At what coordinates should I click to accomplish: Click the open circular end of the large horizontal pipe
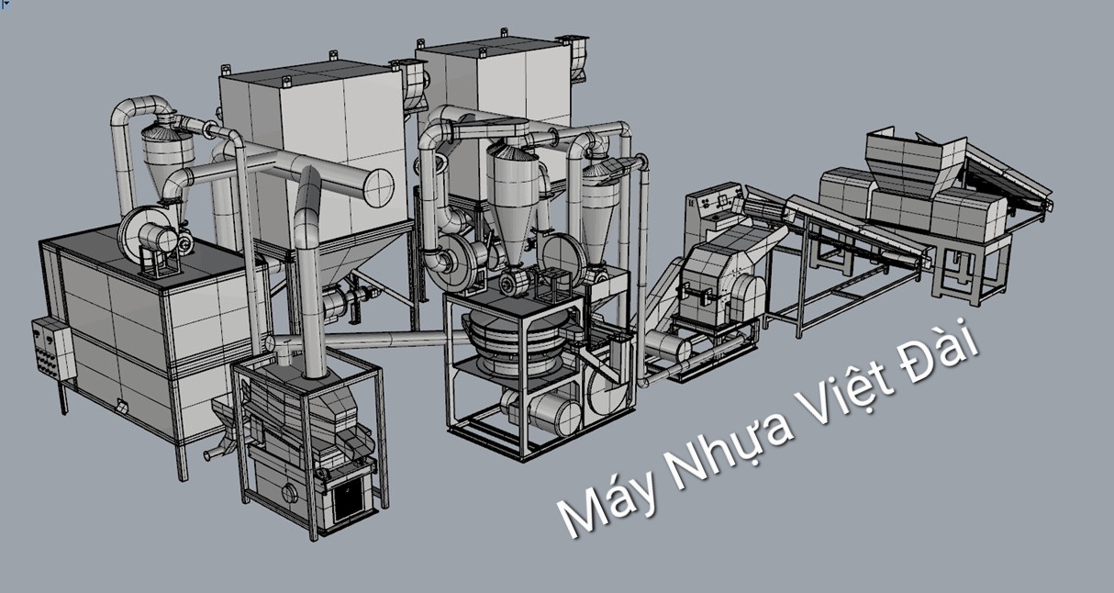(378, 188)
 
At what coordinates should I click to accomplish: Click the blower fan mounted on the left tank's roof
(149, 235)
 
